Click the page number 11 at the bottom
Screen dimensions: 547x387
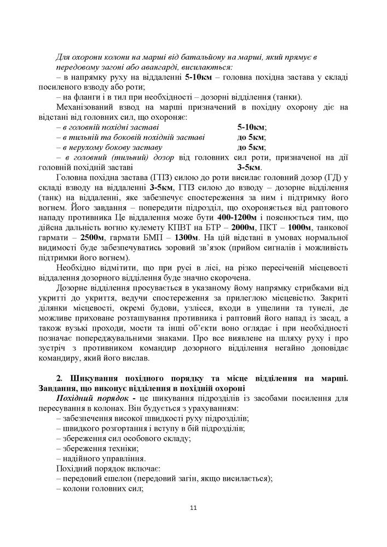[x=193, y=508]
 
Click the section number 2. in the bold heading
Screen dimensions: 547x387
[x=60, y=379]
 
